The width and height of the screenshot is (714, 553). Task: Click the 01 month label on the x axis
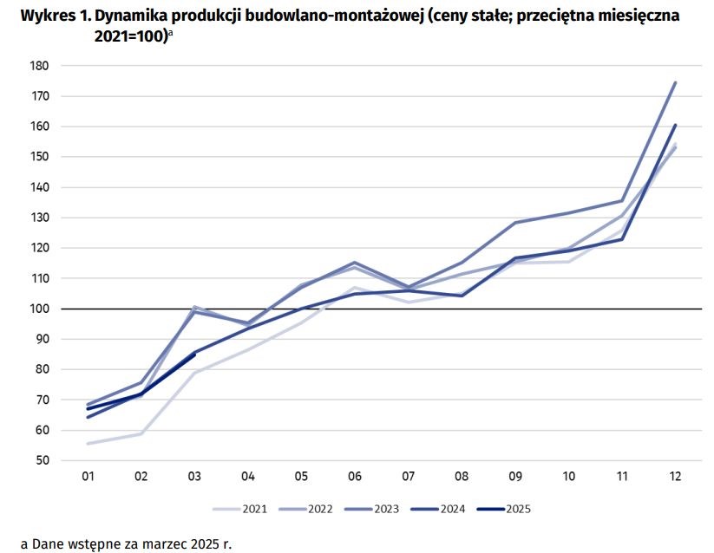(x=88, y=477)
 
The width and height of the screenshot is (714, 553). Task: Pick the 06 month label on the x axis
(x=355, y=477)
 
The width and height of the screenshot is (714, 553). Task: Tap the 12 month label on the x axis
(x=675, y=477)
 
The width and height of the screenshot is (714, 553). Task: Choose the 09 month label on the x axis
(x=515, y=477)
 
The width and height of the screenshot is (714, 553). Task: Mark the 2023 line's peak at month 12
(x=675, y=83)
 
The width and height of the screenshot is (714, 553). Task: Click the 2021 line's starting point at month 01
(x=88, y=443)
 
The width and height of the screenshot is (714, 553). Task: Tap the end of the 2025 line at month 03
(x=194, y=354)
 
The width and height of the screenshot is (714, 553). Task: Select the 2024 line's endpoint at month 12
(x=675, y=126)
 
